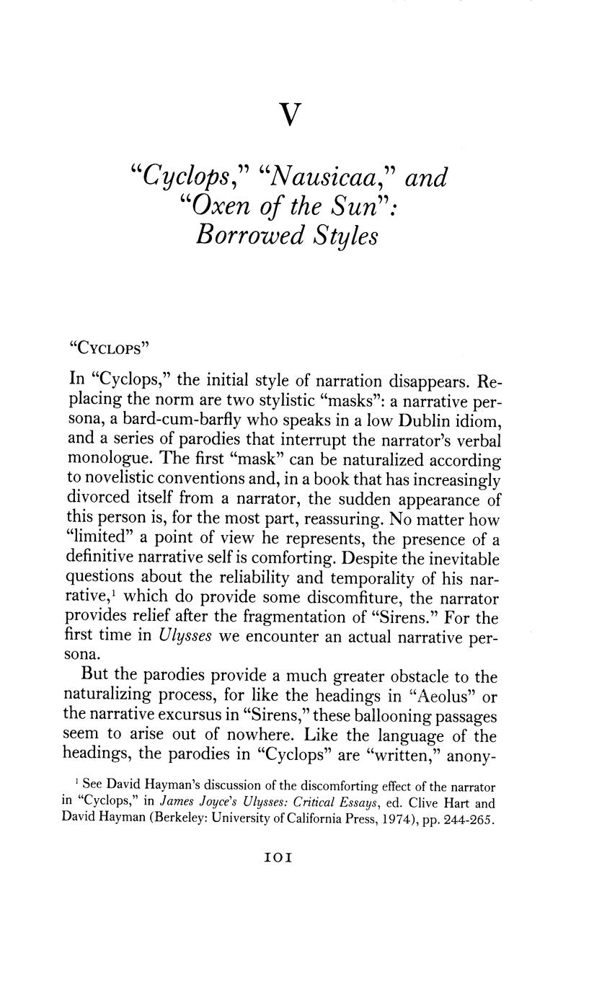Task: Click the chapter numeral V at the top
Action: tap(289, 115)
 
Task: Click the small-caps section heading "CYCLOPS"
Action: tap(108, 348)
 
